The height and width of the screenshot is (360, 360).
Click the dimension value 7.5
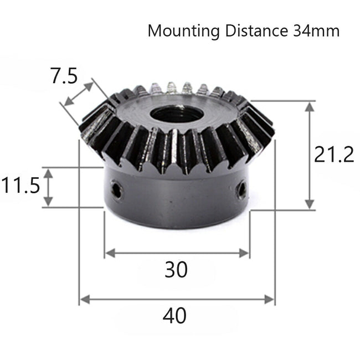[64, 76]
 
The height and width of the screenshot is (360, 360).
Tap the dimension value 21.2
[334, 155]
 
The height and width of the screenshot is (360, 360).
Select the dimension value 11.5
[20, 185]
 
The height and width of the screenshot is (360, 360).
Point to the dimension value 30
[176, 270]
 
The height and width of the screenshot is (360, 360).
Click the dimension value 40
[174, 316]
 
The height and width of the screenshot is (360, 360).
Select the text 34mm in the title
[312, 30]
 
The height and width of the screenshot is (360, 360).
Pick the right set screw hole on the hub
[241, 190]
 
